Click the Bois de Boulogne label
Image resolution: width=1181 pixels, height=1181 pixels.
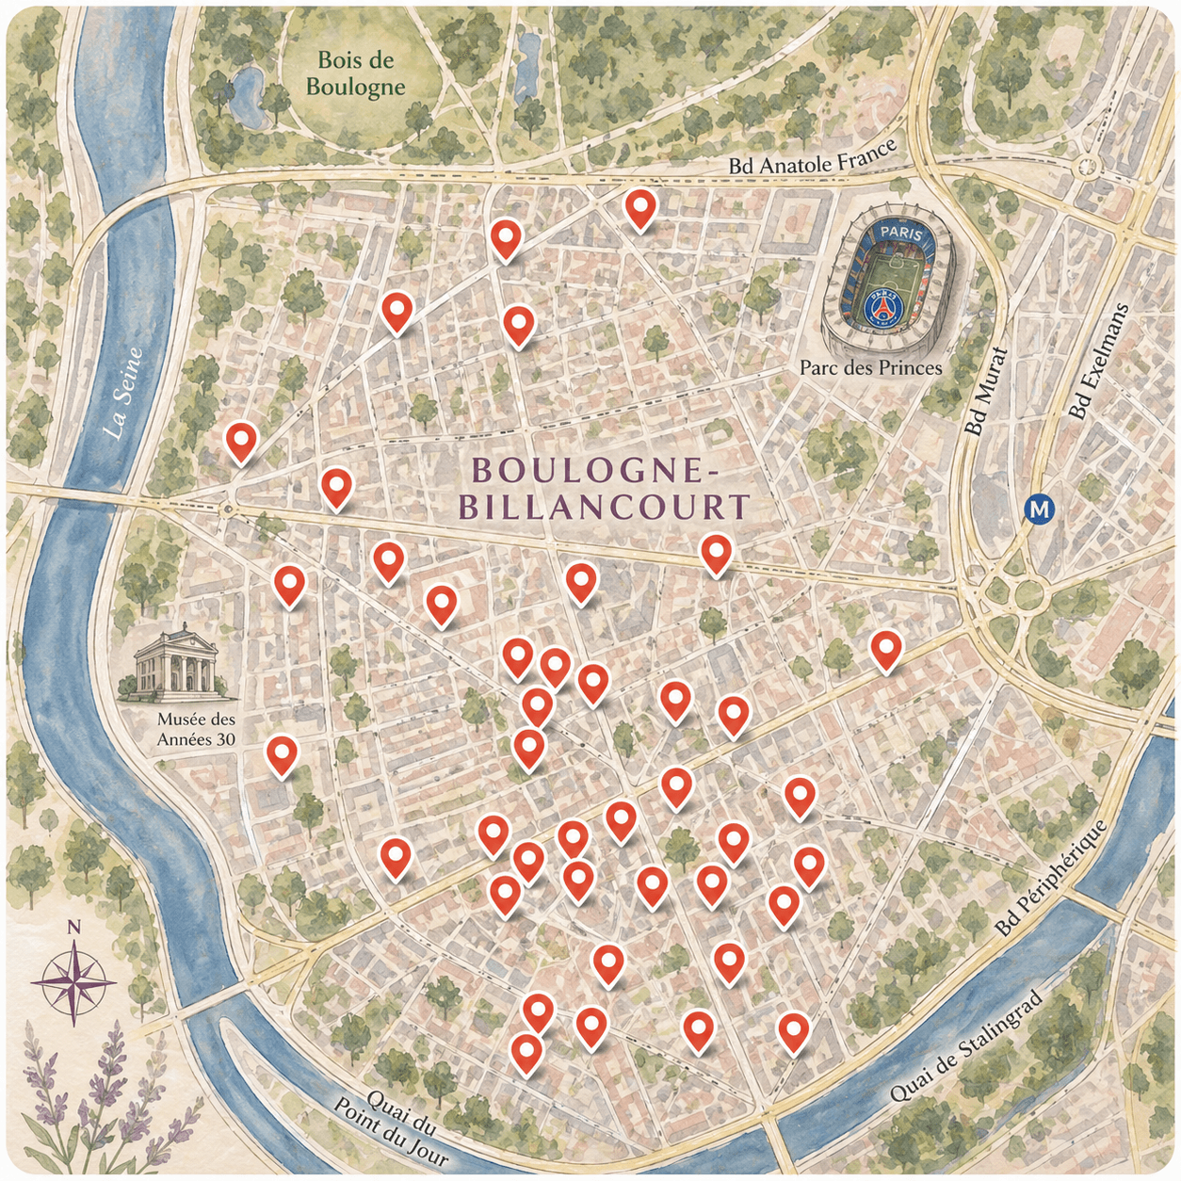[x=355, y=74]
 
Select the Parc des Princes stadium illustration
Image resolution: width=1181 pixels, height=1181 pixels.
[x=887, y=279]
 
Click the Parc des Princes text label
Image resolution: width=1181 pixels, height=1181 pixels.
[x=870, y=368]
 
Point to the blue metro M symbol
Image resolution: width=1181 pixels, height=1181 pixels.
[x=1039, y=510]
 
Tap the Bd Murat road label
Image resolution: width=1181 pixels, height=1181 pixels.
[x=986, y=392]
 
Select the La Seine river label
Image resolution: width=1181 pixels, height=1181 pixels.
[x=123, y=394]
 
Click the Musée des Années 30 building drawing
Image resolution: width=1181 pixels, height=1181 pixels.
[x=176, y=666]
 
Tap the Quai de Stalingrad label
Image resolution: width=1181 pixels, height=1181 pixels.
[x=966, y=1046]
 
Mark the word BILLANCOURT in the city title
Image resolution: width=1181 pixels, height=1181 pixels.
[x=604, y=507]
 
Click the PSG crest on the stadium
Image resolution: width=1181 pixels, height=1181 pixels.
[x=881, y=306]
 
